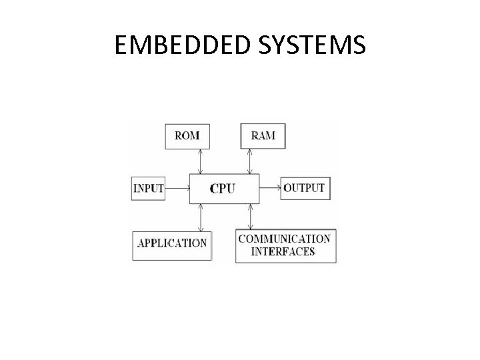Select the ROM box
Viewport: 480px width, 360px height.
187,136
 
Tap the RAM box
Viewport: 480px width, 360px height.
262,136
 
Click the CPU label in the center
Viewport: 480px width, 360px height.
222,189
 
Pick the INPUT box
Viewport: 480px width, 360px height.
148,188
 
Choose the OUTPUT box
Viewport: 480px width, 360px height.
303,188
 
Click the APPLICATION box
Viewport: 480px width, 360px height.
172,243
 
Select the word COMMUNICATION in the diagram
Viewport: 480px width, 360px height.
284,239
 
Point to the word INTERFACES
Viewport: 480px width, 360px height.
283,251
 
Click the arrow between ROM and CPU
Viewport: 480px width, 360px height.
199,161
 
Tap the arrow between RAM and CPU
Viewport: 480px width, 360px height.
250,161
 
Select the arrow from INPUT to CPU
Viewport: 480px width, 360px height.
177,189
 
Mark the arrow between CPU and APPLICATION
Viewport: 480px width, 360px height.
199,217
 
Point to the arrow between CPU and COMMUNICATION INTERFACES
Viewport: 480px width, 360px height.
250,216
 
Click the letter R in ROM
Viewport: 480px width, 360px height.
179,136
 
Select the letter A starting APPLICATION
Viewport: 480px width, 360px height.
141,243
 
